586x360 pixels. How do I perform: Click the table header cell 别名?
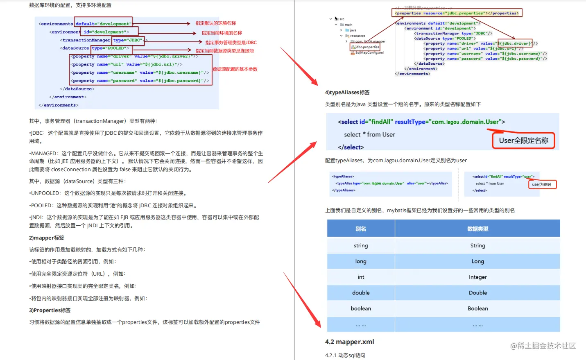[361, 229]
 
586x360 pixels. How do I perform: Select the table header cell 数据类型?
[477, 229]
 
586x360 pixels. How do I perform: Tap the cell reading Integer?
[477, 277]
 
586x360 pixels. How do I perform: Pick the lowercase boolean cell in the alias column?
[361, 308]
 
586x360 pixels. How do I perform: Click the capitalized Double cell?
[477, 293]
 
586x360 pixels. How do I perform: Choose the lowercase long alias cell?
[361, 261]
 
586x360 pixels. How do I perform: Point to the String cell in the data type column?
[477, 246]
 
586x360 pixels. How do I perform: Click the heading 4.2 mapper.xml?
[349, 342]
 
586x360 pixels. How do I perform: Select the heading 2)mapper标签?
[46, 238]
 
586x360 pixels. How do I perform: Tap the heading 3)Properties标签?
[50, 310]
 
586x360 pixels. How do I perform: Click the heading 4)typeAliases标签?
[347, 93]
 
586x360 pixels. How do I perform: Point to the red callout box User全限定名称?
[523, 140]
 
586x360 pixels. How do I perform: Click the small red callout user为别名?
[542, 185]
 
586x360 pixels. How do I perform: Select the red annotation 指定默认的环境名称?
[215, 23]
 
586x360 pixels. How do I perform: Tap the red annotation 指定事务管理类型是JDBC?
[231, 43]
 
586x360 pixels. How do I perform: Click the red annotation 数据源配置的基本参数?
[235, 69]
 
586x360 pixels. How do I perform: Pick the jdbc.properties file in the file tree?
[367, 47]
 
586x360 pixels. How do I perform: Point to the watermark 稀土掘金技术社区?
[543, 346]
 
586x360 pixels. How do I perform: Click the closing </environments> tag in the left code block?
[59, 105]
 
